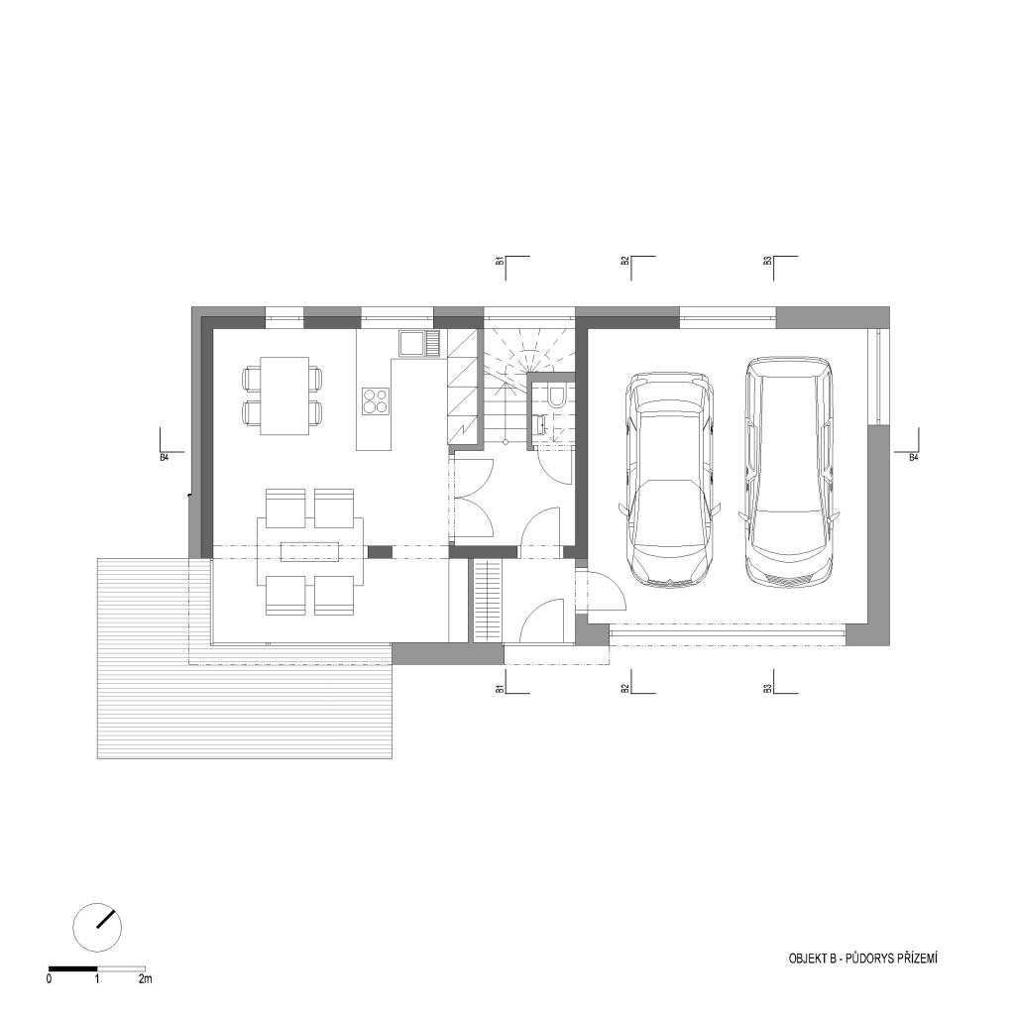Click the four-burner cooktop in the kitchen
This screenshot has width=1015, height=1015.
(x=375, y=400)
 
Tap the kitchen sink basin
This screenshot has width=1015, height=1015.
(x=411, y=344)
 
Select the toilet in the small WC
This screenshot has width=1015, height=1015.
(x=556, y=395)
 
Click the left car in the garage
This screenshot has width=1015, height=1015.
(x=669, y=480)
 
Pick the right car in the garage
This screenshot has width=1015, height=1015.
(x=789, y=471)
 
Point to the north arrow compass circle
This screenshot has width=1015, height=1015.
(x=98, y=927)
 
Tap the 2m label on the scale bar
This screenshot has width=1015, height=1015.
(x=145, y=978)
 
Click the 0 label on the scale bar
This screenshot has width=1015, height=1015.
(x=50, y=978)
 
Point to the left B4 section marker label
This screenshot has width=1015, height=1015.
(x=164, y=457)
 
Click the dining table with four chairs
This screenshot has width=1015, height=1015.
(x=283, y=395)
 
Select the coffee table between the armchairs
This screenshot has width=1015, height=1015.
(x=310, y=551)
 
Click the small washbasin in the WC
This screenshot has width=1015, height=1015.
(x=538, y=424)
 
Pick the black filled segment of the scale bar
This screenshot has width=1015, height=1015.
(x=73, y=968)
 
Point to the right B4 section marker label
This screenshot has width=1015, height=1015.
(x=913, y=457)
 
